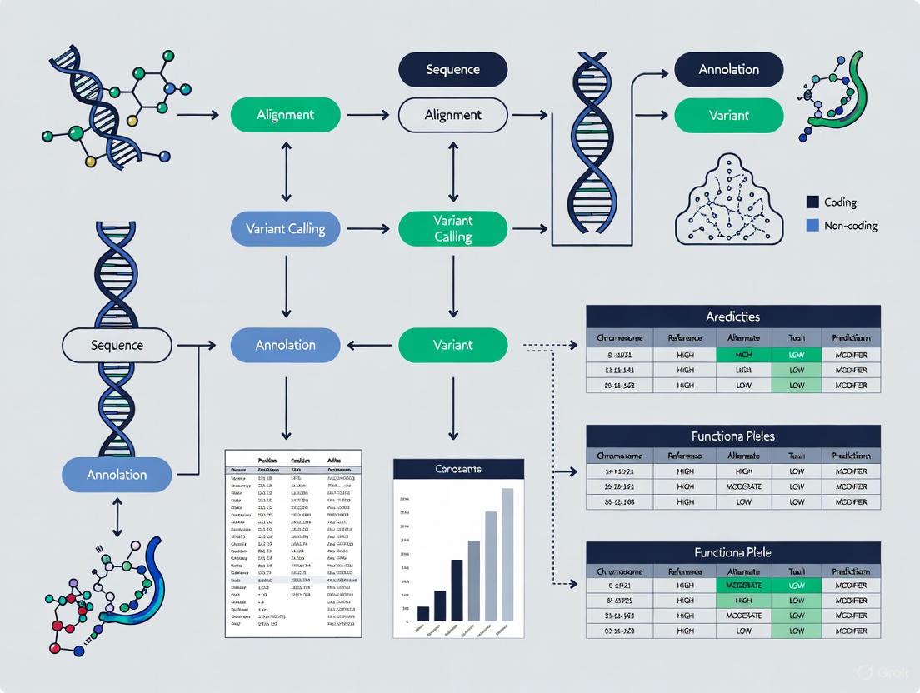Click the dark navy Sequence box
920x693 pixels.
[453, 70]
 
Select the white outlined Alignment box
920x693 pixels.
[453, 115]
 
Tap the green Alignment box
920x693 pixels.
[286, 115]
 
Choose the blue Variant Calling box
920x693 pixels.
[286, 228]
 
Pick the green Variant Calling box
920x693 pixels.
[453, 228]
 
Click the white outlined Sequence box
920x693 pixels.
[117, 345]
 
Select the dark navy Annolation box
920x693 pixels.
[729, 70]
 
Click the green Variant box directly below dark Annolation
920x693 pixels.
[729, 115]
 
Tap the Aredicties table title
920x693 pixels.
[733, 317]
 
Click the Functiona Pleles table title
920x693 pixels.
[733, 436]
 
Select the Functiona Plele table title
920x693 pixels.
[733, 552]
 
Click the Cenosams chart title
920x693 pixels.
[458, 469]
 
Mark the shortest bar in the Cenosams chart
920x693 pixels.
[423, 613]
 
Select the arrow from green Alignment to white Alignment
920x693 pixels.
[368, 115]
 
